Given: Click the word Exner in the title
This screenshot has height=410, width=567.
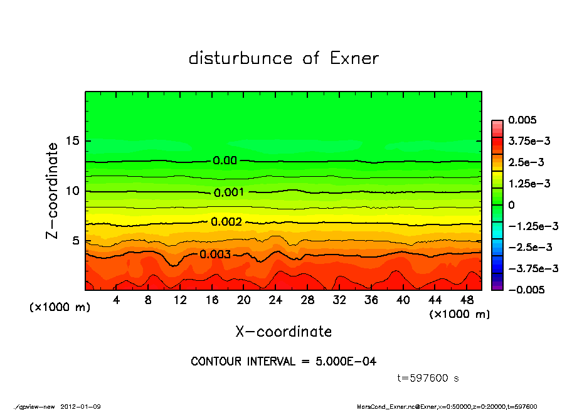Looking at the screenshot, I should click(x=354, y=58).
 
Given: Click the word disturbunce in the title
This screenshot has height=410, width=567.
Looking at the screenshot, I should click(x=240, y=58).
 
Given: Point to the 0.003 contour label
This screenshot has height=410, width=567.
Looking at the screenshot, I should click(x=216, y=255).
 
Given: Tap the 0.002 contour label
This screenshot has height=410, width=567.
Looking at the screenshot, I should click(x=226, y=222).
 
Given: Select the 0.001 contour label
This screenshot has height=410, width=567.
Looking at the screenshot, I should click(x=229, y=192).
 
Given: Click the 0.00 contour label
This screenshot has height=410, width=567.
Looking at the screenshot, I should click(x=225, y=160).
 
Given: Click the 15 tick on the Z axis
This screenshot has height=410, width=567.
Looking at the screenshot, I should click(x=73, y=141).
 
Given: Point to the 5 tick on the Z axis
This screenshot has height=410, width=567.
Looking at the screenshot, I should click(x=77, y=241).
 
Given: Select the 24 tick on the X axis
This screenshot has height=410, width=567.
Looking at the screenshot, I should click(x=275, y=300).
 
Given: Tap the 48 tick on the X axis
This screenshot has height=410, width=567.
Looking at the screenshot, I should click(x=467, y=300).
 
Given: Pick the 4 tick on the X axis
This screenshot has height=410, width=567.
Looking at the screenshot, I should click(x=117, y=300).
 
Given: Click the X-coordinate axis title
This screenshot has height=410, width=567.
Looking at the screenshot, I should click(x=283, y=331).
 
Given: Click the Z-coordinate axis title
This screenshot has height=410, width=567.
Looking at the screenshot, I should click(x=53, y=190).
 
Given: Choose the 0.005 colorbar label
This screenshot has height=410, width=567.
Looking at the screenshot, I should click(x=523, y=120).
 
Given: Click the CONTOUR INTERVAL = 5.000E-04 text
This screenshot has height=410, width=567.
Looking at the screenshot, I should click(x=283, y=362).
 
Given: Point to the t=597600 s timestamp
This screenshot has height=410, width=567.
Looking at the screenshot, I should click(x=429, y=378).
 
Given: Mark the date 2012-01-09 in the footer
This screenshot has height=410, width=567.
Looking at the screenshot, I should click(x=81, y=406).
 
